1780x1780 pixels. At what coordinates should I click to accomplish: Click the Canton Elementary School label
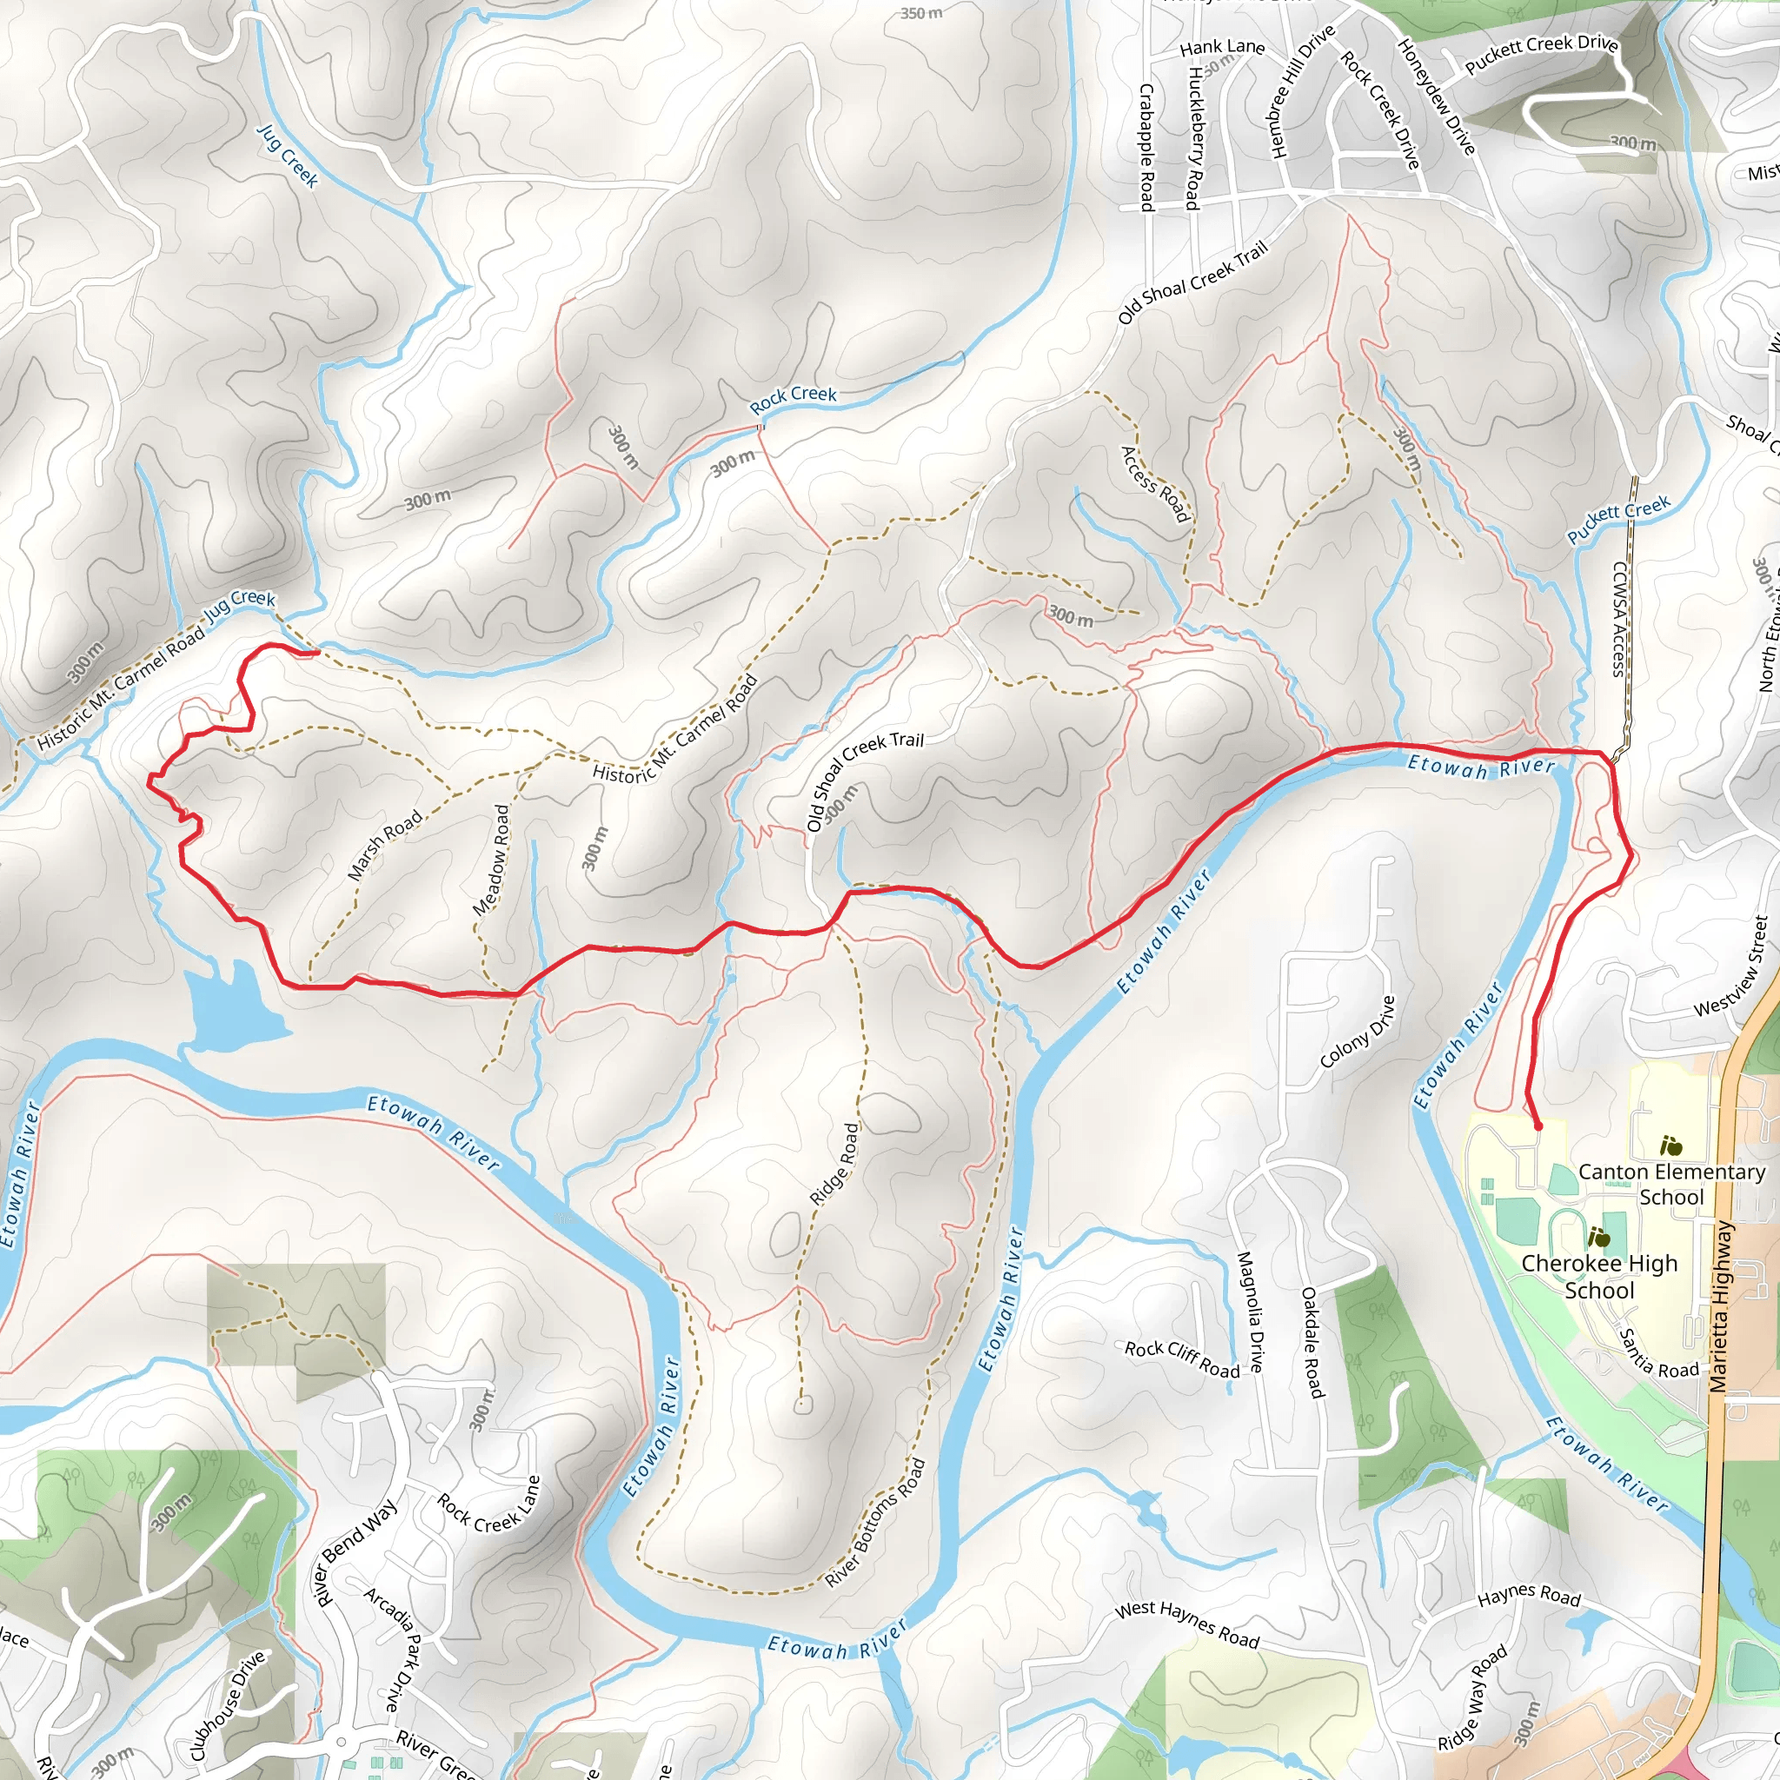tap(1671, 1184)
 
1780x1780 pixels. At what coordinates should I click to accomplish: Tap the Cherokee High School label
tap(1599, 1276)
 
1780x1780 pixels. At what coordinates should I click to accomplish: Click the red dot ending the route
tap(1538, 1126)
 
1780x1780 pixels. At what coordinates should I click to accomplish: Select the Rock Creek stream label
tap(793, 399)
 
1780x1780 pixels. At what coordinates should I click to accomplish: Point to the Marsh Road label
tap(384, 845)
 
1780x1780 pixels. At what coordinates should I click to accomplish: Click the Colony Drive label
tap(1357, 1032)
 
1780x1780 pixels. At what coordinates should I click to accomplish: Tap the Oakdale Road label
tap(1312, 1341)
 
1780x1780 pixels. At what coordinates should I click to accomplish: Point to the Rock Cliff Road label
tap(1182, 1360)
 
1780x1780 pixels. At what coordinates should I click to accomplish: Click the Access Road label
tap(1154, 485)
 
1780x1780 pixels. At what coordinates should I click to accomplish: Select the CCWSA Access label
tap(1618, 619)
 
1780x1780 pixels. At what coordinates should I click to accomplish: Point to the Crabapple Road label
tap(1147, 148)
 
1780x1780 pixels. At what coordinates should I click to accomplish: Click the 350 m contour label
tap(921, 13)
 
